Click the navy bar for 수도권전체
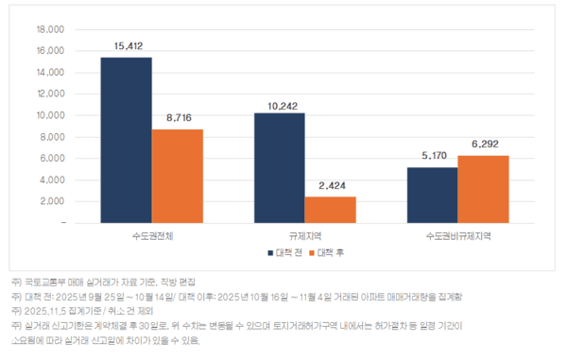pyautogui.click(x=127, y=140)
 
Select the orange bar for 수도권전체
pyautogui.click(x=178, y=176)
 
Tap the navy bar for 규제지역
pyautogui.click(x=280, y=167)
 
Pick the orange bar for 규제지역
pyautogui.click(x=331, y=210)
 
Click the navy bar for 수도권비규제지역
pyautogui.click(x=433, y=195)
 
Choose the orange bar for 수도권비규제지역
pyautogui.click(x=484, y=189)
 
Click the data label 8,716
pyautogui.click(x=178, y=117)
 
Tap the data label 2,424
pyautogui.click(x=331, y=185)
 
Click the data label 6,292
pyautogui.click(x=484, y=144)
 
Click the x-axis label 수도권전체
pyautogui.click(x=152, y=235)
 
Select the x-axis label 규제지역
pyautogui.click(x=305, y=235)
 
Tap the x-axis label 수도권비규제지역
pyautogui.click(x=458, y=235)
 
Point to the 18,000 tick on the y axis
pyautogui.click(x=49, y=29)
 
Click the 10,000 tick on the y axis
pyautogui.click(x=49, y=115)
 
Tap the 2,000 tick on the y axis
pyautogui.click(x=51, y=201)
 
